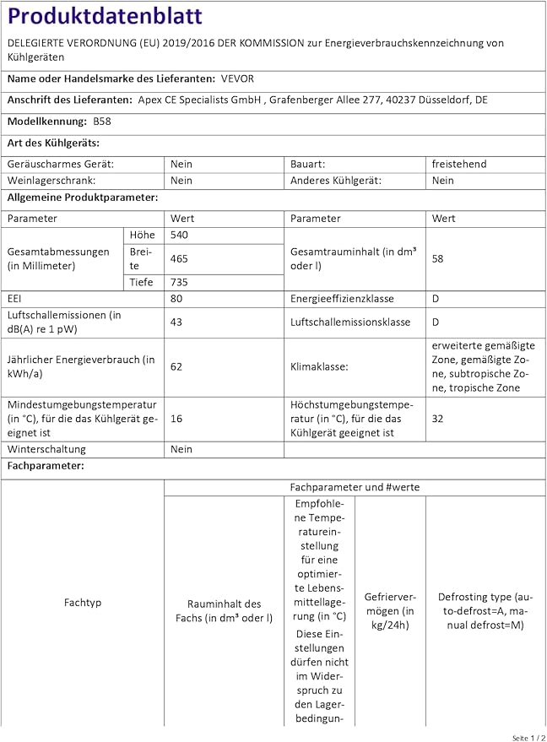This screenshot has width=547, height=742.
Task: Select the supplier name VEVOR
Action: tap(237, 79)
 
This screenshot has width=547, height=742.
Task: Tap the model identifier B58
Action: tap(102, 121)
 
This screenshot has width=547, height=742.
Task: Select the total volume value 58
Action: tap(437, 259)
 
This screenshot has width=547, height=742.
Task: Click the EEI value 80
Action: tap(177, 299)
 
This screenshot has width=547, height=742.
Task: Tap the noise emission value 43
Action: tap(177, 322)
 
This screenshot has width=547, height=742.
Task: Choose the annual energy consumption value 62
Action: tap(177, 366)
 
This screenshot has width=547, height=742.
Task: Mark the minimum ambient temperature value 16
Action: tap(177, 418)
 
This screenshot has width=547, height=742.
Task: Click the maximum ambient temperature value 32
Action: tap(437, 418)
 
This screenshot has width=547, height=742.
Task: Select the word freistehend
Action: tap(459, 164)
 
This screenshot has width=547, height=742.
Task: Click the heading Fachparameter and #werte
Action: tap(355, 487)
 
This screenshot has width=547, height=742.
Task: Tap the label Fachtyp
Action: tap(83, 603)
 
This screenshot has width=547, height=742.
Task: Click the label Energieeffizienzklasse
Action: tap(342, 299)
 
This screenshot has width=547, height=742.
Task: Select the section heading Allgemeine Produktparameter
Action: tap(83, 197)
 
